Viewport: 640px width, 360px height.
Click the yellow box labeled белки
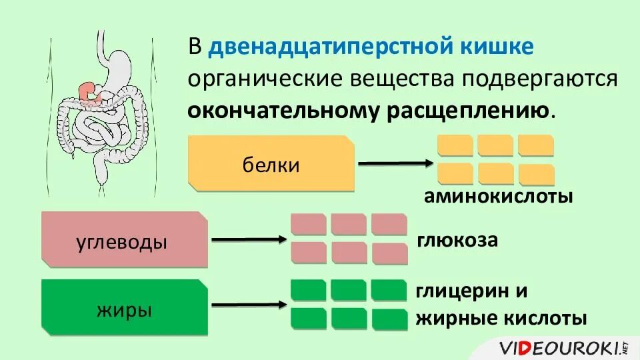271,164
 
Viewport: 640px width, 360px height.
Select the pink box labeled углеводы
124,241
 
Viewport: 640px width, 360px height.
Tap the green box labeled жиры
124,309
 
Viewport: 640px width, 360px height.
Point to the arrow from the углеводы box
247,239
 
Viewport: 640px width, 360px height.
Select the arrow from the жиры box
247,305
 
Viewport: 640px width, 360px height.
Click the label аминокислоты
497,197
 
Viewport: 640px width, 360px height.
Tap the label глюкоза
457,239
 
